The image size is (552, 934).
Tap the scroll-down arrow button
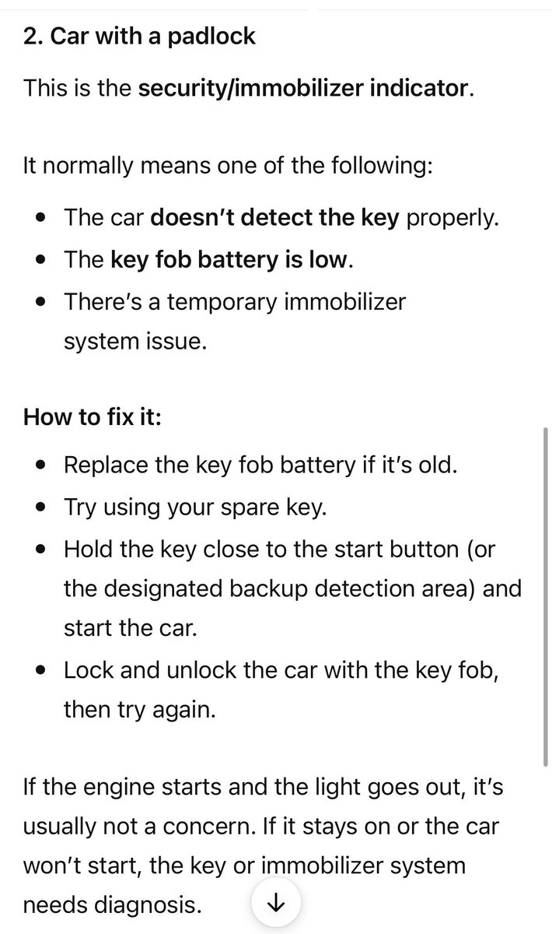pos(276,903)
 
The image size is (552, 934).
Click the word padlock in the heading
pos(211,37)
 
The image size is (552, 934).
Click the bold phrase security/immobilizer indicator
pos(304,89)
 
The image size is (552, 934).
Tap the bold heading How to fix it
pos(92,416)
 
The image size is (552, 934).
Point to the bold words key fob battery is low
pos(229,260)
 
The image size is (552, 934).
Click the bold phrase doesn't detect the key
pos(274,217)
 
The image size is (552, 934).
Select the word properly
pos(452,218)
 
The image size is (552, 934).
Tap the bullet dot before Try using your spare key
pos(40,507)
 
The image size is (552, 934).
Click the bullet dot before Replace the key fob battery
pos(40,465)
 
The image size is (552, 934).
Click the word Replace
pos(106,465)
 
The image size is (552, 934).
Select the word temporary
pos(222,302)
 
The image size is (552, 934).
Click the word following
pos(382,166)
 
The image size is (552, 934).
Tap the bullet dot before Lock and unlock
pos(40,671)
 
